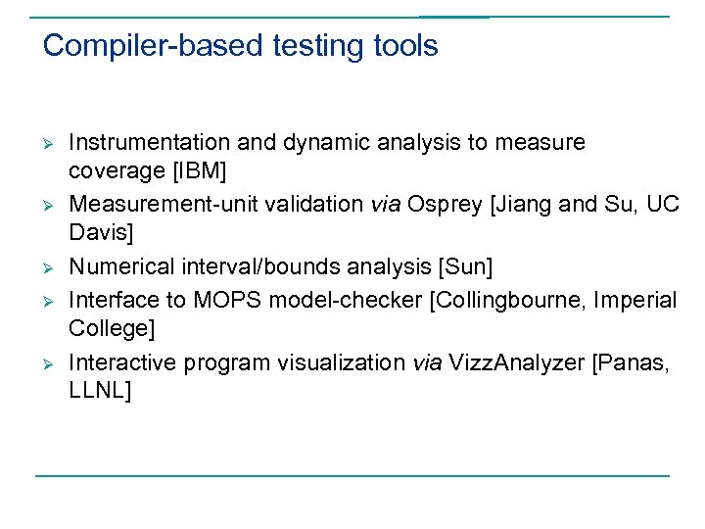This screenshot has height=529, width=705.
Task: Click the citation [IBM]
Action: pyautogui.click(x=199, y=171)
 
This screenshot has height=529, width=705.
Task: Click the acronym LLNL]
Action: pyautogui.click(x=100, y=391)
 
